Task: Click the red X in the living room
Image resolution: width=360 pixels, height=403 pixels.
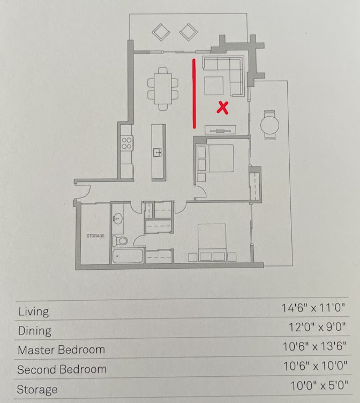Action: click(222, 108)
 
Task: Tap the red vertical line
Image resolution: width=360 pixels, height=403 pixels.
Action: click(194, 94)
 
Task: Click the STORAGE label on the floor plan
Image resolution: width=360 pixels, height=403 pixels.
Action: click(95, 235)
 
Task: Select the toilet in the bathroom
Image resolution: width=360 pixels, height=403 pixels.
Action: click(120, 241)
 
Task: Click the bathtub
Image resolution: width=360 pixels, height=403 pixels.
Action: click(127, 256)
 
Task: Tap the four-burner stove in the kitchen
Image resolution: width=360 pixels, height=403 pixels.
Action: click(126, 143)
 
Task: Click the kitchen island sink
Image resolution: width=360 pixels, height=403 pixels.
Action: click(157, 152)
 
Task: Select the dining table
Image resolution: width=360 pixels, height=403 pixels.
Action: click(163, 89)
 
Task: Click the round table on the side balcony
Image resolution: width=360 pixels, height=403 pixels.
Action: click(269, 125)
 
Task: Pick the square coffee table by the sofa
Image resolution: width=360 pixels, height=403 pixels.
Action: click(214, 86)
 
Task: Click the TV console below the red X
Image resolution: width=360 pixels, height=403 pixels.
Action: click(220, 130)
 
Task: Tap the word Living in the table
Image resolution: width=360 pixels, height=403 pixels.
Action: click(34, 311)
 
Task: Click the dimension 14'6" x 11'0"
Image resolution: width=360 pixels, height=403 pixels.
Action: click(313, 308)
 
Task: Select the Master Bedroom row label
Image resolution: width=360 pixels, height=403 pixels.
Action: click(61, 350)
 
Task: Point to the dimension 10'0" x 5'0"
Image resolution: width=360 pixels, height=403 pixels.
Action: click(319, 385)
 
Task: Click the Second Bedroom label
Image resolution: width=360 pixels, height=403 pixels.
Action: click(62, 369)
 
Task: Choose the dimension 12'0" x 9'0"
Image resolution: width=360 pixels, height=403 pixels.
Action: click(317, 327)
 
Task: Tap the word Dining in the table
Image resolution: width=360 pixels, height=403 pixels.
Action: click(35, 331)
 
